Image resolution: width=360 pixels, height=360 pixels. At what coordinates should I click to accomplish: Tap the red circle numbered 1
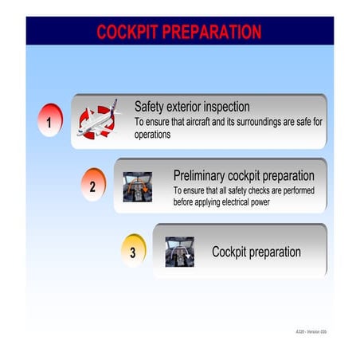49,123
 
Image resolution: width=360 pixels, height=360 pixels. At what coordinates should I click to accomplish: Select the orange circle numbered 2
92,187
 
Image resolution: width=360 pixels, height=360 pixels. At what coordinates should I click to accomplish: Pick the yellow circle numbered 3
133,252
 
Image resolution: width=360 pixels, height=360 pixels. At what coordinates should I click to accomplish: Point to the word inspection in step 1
222,107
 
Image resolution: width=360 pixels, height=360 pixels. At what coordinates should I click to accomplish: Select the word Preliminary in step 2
199,175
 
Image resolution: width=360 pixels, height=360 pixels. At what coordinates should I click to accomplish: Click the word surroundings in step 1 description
257,123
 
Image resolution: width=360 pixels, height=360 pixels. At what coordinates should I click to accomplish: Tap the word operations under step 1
153,135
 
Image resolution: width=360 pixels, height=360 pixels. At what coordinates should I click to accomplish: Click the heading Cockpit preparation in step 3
256,252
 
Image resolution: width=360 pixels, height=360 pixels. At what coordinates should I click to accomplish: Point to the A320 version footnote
310,330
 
